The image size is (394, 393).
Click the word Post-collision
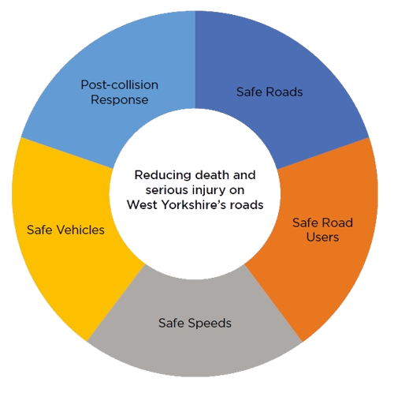click(x=120, y=85)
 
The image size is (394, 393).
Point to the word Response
click(x=120, y=100)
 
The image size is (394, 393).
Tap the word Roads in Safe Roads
click(x=284, y=92)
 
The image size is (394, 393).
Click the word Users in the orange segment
click(x=322, y=237)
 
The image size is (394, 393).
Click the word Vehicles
click(x=81, y=230)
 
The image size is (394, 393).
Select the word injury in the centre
click(x=208, y=191)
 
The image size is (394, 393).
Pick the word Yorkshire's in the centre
click(x=194, y=205)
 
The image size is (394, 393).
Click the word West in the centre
click(x=142, y=205)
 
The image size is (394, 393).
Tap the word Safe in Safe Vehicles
click(x=40, y=230)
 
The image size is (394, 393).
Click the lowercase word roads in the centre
click(x=247, y=205)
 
